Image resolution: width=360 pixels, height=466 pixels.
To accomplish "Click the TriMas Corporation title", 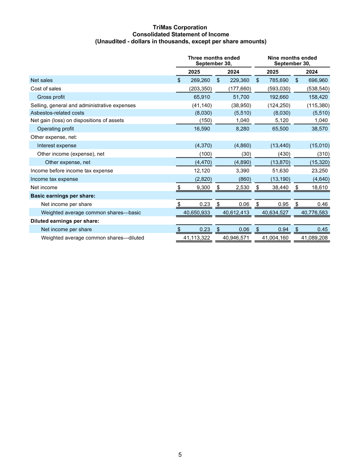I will pyautogui.click(x=180, y=28).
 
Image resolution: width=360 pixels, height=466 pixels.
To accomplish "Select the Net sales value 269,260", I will pyautogui.click(x=201, y=80).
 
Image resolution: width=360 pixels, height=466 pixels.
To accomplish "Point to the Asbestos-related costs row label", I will pyautogui.click(x=57, y=113).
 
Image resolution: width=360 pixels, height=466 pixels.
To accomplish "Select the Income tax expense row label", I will pyautogui.click(x=54, y=179).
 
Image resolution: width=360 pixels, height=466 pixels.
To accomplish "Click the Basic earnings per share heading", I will pyautogui.click(x=63, y=196).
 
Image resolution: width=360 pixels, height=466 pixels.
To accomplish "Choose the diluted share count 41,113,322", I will pyautogui.click(x=194, y=238).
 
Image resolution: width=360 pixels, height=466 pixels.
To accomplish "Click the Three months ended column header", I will pyautogui.click(x=214, y=61).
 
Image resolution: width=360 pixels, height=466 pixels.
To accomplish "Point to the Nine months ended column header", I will pyautogui.click(x=292, y=61).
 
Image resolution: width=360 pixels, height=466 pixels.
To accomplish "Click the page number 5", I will pyautogui.click(x=180, y=454).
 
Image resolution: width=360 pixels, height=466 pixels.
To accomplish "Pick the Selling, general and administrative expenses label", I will pyautogui.click(x=83, y=105).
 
